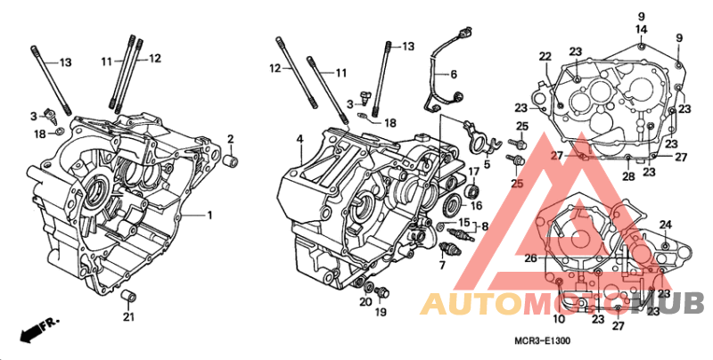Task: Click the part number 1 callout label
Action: (209, 215)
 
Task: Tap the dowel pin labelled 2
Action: (232, 160)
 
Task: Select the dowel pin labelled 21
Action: (128, 296)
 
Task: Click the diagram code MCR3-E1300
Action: (542, 340)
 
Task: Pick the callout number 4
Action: (299, 139)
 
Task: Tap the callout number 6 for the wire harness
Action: (454, 74)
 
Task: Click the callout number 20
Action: (365, 301)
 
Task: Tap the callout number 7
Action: (442, 266)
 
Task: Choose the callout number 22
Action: (545, 57)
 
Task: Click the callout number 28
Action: (628, 176)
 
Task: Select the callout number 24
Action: (665, 225)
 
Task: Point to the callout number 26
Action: (531, 258)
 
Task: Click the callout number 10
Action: (559, 319)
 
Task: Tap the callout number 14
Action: (641, 29)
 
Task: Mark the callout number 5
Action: (487, 165)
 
